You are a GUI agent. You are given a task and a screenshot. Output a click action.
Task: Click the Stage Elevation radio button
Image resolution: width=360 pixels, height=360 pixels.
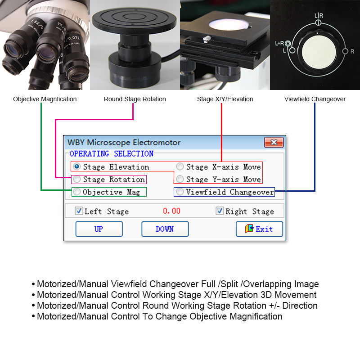tap(77, 166)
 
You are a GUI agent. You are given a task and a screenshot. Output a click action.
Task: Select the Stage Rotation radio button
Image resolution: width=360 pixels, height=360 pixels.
tap(77, 179)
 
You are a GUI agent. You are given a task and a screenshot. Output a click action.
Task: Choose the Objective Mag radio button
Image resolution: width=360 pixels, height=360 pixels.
tap(77, 192)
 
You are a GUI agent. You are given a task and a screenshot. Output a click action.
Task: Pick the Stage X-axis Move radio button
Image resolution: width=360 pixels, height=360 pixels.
tap(180, 166)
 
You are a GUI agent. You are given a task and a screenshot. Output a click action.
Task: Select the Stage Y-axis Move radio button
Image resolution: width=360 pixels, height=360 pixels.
tap(180, 179)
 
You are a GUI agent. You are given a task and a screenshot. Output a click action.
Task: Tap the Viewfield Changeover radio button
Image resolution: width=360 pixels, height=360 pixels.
tap(180, 192)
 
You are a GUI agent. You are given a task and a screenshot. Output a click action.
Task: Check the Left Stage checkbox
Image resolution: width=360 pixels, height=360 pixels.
tap(79, 211)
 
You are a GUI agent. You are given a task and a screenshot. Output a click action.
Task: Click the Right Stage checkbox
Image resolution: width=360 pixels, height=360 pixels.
tap(220, 211)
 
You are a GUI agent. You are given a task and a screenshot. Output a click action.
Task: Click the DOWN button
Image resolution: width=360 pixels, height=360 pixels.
tap(165, 229)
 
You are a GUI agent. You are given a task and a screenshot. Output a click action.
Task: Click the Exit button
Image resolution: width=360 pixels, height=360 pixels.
tap(259, 229)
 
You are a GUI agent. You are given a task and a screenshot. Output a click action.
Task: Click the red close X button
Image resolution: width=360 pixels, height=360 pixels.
tap(274, 143)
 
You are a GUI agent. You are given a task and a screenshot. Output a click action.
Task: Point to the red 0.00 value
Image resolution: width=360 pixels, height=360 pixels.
tap(171, 211)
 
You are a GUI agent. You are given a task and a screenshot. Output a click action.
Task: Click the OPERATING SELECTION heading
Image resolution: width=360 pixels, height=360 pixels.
tap(111, 154)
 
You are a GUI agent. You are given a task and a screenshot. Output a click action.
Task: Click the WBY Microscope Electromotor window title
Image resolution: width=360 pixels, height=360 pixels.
tap(124, 143)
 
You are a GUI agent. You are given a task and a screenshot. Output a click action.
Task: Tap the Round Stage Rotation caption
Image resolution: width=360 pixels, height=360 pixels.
tap(135, 99)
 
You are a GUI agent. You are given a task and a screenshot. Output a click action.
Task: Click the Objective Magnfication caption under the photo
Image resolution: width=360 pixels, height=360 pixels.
tap(45, 99)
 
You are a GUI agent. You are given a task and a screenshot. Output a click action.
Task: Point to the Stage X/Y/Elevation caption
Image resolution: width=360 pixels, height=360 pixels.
tap(225, 99)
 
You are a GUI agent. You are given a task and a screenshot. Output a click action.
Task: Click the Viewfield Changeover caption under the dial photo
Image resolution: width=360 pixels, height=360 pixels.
tap(315, 99)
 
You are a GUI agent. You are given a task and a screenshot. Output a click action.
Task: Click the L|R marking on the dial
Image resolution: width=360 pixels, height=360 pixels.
tap(318, 16)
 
